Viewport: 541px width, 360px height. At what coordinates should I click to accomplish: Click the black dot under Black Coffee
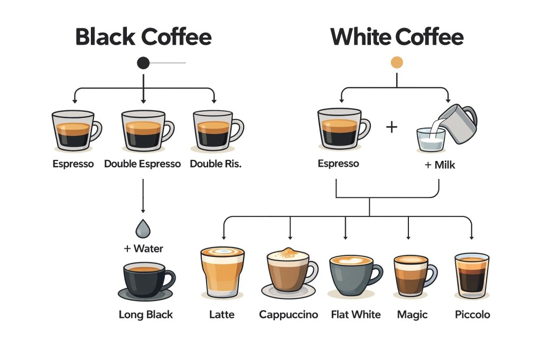(x=143, y=63)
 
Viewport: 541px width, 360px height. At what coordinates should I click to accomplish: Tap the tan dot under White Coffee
(x=397, y=63)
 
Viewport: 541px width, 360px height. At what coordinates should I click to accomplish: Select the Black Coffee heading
(x=143, y=37)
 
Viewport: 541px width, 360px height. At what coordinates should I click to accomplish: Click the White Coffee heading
(x=397, y=37)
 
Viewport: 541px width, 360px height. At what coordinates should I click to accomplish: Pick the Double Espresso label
(x=142, y=164)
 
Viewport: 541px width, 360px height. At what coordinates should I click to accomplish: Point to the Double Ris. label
(x=216, y=164)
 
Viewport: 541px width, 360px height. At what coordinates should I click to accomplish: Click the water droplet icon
(x=143, y=228)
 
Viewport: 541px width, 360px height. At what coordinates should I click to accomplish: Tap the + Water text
(x=144, y=248)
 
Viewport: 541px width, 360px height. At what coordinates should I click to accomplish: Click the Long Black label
(x=146, y=315)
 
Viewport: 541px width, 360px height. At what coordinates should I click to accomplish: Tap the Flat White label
(x=356, y=315)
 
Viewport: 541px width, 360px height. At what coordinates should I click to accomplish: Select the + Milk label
(x=440, y=165)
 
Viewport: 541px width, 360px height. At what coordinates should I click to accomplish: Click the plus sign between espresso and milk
(x=391, y=127)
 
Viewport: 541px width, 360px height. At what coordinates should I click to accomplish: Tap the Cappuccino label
(x=288, y=315)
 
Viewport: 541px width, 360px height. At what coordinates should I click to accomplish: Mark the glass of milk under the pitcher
(x=431, y=139)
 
